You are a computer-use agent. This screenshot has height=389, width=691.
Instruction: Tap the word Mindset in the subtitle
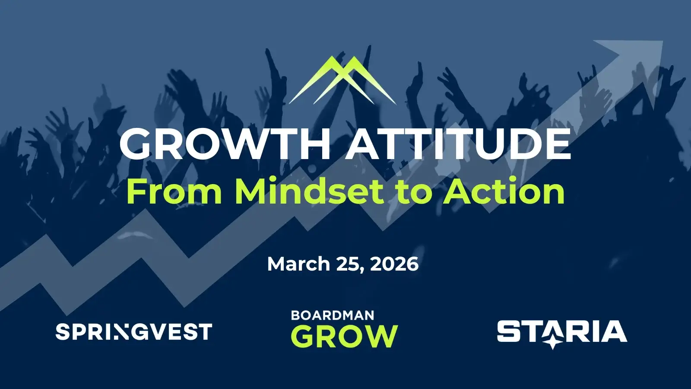pyautogui.click(x=310, y=191)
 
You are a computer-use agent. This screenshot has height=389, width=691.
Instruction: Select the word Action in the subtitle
pyautogui.click(x=504, y=191)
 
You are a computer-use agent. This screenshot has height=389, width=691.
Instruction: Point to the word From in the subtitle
pyautogui.click(x=174, y=192)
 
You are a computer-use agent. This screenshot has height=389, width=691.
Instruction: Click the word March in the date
pyautogui.click(x=298, y=264)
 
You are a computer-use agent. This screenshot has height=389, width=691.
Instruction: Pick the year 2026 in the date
pyautogui.click(x=394, y=264)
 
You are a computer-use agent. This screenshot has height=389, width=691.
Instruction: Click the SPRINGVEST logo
pyautogui.click(x=134, y=332)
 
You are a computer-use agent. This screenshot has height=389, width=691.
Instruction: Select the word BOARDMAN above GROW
pyautogui.click(x=333, y=316)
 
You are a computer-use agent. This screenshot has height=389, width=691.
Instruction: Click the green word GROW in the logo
pyautogui.click(x=344, y=336)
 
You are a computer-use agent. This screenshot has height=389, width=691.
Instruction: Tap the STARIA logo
pyautogui.click(x=562, y=333)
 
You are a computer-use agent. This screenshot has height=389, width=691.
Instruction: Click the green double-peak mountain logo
pyautogui.click(x=342, y=80)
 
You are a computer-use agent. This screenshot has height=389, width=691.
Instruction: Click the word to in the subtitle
pyautogui.click(x=413, y=193)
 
